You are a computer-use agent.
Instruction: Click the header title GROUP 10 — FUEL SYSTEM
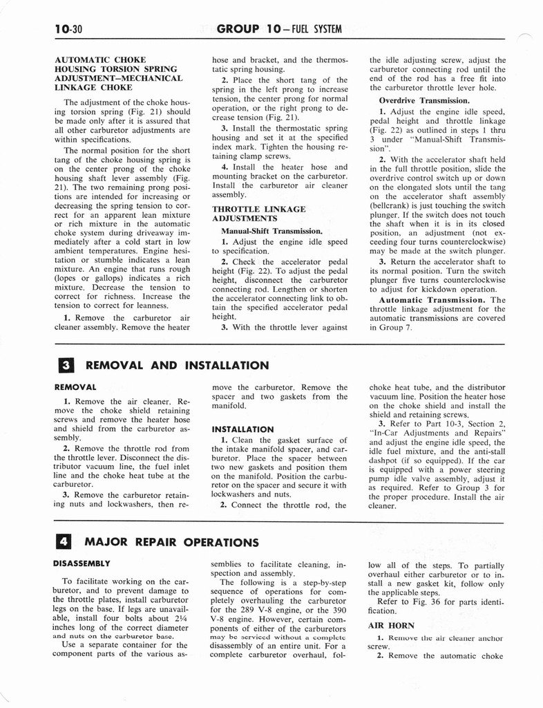[x=279, y=28]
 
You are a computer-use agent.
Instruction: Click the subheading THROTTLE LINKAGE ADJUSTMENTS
[x=259, y=214]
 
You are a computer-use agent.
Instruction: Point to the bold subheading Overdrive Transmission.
[x=414, y=100]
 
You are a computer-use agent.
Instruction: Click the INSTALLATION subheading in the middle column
[x=242, y=429]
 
